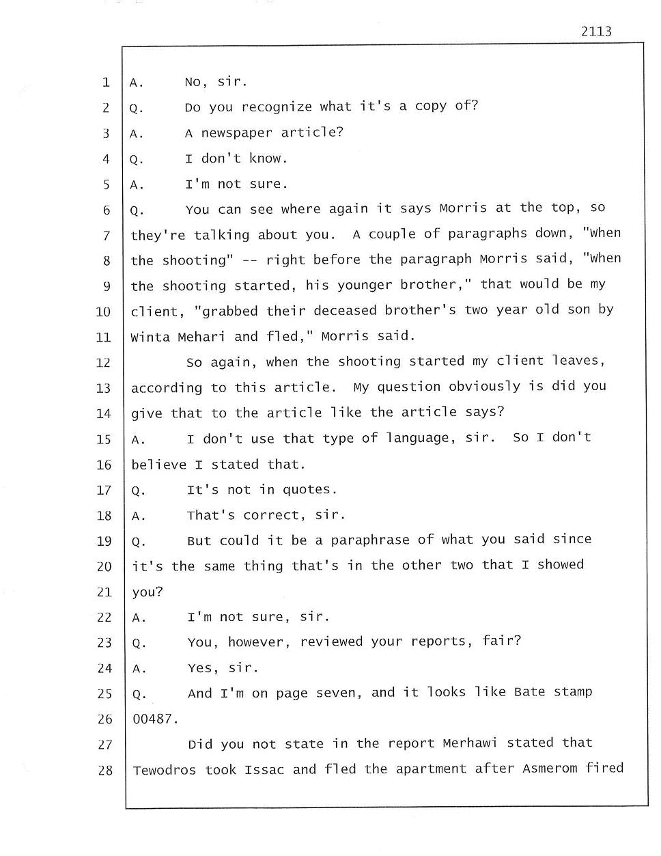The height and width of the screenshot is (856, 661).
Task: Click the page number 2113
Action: click(x=596, y=31)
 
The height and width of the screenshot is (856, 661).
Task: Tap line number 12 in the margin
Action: click(x=104, y=363)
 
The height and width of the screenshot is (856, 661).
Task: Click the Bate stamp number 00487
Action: click(x=155, y=719)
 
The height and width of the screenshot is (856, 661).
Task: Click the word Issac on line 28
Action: click(x=264, y=770)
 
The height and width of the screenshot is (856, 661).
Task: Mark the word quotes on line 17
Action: click(x=307, y=490)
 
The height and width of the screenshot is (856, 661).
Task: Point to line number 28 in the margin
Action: click(x=104, y=771)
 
